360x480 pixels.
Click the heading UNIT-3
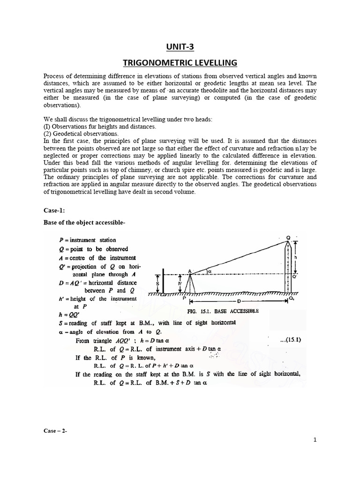[x=180, y=47]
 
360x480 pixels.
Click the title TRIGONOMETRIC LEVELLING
[x=180, y=63]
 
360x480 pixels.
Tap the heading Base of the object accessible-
[x=84, y=223]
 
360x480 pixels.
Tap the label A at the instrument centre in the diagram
[x=190, y=270]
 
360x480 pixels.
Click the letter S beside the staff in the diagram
[x=158, y=283]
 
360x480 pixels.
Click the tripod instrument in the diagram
[x=191, y=284]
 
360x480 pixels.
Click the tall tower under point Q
[x=287, y=267]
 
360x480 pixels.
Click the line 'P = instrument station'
[x=87, y=240]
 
